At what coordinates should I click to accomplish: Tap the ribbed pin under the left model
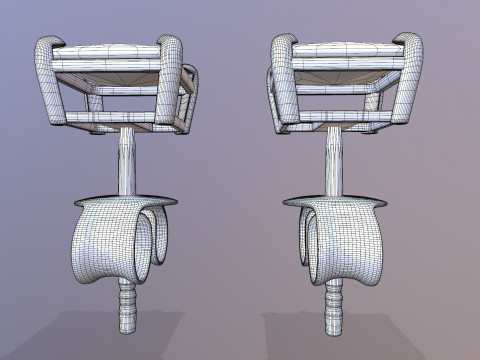point(126,306)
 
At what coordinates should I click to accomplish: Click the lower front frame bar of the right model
point(345,118)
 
